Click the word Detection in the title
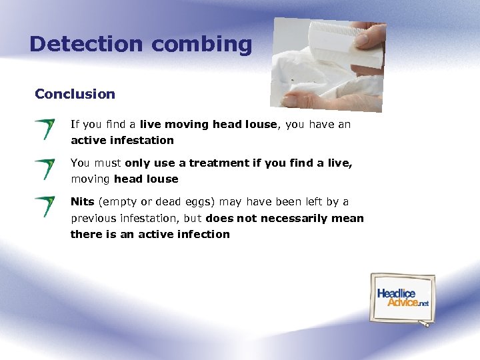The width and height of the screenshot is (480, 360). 86,44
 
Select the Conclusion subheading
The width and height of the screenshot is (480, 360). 75,94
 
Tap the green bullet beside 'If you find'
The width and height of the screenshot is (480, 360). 46,129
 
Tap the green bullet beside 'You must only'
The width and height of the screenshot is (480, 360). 46,169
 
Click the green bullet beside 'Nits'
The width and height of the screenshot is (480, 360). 46,206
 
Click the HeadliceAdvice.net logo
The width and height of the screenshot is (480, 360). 403,297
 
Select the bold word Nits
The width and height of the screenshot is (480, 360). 83,202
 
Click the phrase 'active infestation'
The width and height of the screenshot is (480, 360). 122,141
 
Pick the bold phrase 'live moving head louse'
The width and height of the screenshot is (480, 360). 208,125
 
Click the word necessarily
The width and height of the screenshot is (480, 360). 292,218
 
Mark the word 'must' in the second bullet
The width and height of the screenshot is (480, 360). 107,163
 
